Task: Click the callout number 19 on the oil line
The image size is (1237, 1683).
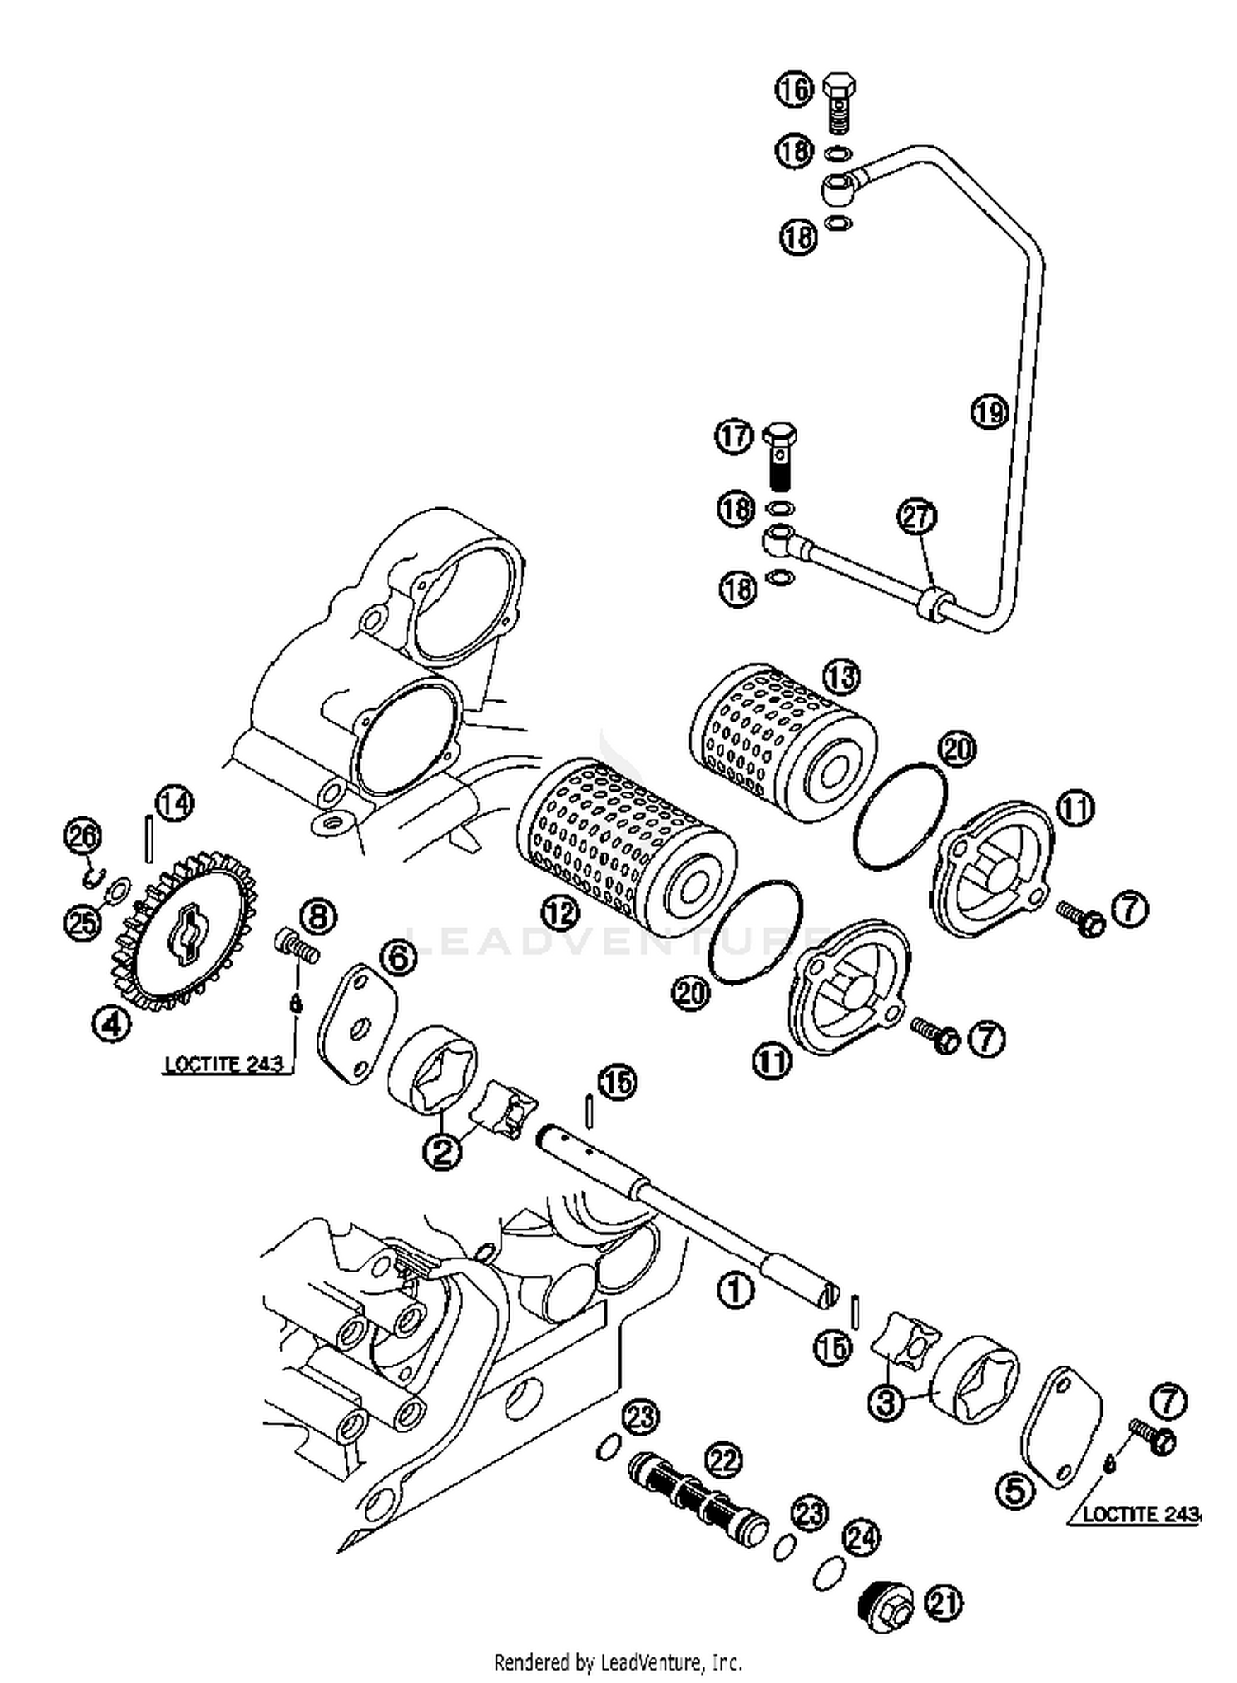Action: pyautogui.click(x=989, y=410)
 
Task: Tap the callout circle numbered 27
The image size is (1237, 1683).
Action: pyautogui.click(x=916, y=517)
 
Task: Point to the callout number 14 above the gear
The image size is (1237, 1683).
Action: pyautogui.click(x=174, y=803)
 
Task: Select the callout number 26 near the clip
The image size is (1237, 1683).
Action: pyautogui.click(x=83, y=836)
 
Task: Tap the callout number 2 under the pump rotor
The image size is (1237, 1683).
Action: pyautogui.click(x=443, y=1150)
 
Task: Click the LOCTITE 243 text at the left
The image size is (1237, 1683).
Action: pyautogui.click(x=223, y=1064)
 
